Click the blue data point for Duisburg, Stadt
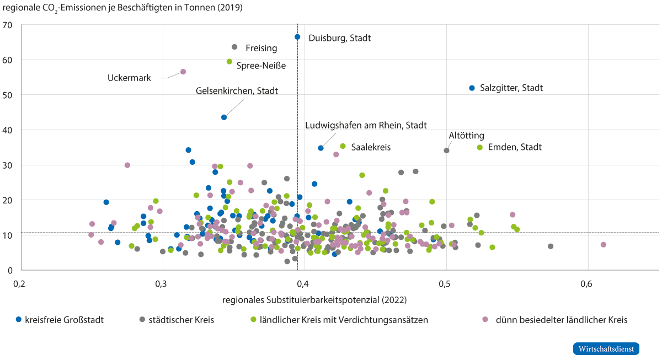click(x=297, y=37)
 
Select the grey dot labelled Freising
click(x=234, y=47)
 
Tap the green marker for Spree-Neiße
click(x=229, y=62)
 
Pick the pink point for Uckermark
click(x=183, y=72)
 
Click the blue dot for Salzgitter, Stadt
click(x=472, y=88)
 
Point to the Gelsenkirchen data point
click(x=224, y=117)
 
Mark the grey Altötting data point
click(x=446, y=151)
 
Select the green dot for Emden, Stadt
click(x=479, y=147)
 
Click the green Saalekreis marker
click(x=343, y=146)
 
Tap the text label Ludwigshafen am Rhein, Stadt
click(x=366, y=126)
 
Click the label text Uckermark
click(x=129, y=78)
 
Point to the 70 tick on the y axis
click(x=8, y=25)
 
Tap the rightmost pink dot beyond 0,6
click(x=603, y=245)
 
